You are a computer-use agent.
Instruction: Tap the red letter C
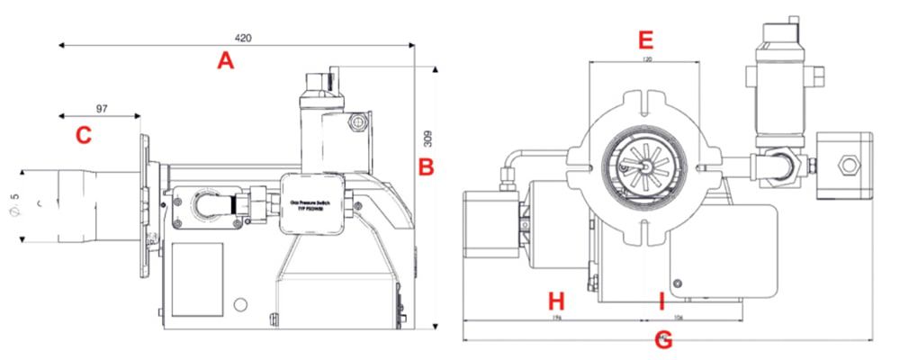[x=83, y=136]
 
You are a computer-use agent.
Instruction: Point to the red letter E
[x=644, y=40]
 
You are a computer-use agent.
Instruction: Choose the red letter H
[x=555, y=301]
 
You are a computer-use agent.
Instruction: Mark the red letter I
[x=661, y=301]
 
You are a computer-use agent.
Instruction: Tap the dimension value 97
[x=101, y=109]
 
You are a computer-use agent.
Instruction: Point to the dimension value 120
[x=645, y=59]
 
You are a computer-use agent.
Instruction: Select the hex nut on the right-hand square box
[x=848, y=165]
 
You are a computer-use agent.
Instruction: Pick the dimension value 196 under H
[x=555, y=318]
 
